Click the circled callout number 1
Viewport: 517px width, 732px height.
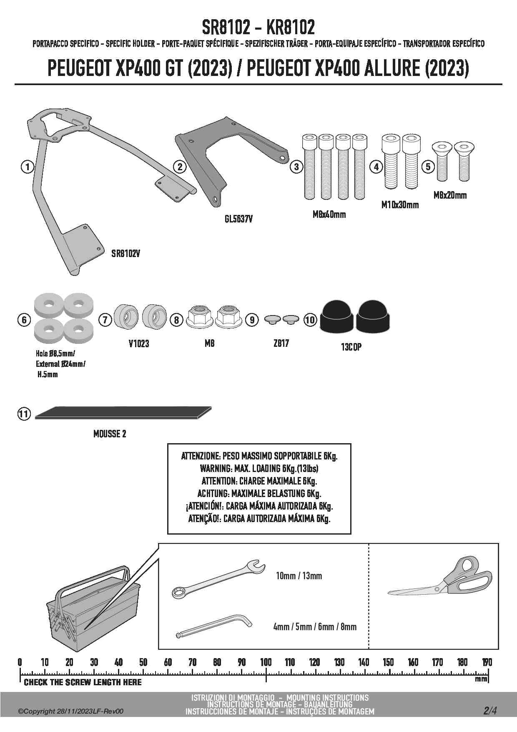[x=28, y=167]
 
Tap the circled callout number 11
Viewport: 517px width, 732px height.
[x=24, y=414]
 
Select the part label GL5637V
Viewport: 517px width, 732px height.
[x=238, y=219]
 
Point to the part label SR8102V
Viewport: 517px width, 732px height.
[x=125, y=254]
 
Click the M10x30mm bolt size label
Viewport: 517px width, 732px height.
[x=400, y=205]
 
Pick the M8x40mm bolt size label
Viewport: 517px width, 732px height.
[x=329, y=215]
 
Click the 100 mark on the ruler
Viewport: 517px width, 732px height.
[x=266, y=662]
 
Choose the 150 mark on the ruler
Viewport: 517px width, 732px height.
[x=388, y=662]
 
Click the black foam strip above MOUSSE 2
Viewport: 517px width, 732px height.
[x=123, y=412]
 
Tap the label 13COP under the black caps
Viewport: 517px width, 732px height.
[x=351, y=347]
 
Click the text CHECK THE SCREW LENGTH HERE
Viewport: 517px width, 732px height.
[x=83, y=682]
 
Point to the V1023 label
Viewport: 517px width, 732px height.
[x=139, y=344]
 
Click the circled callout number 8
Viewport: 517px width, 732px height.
[x=177, y=320]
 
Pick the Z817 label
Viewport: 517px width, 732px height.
[x=281, y=343]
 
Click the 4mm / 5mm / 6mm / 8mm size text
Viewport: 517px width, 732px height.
[x=315, y=627]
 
